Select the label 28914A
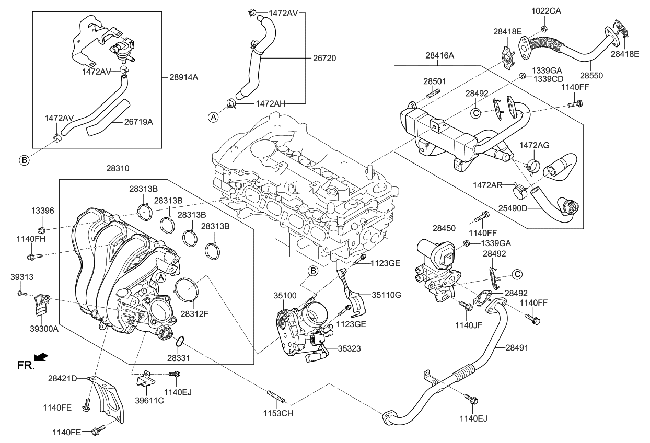pyautogui.click(x=183, y=77)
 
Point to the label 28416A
pyautogui.click(x=439, y=55)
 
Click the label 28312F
pyautogui.click(x=194, y=314)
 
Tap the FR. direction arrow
pyautogui.click(x=41, y=357)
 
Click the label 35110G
pyautogui.click(x=386, y=295)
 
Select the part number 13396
pyautogui.click(x=42, y=211)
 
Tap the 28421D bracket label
pyautogui.click(x=62, y=378)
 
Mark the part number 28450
pyautogui.click(x=444, y=228)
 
